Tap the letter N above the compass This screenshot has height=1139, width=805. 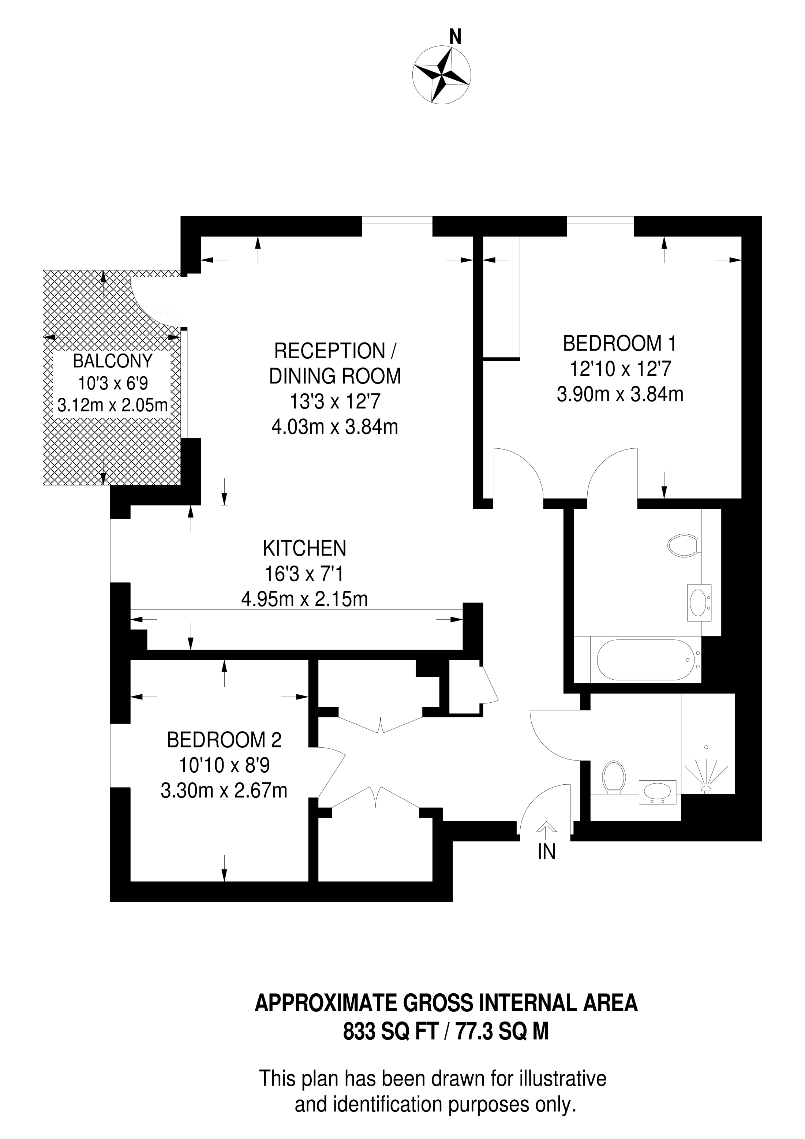455,37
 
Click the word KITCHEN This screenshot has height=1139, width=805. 304,549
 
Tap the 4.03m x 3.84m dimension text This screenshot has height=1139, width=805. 335,427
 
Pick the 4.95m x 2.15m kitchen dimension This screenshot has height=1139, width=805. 304,599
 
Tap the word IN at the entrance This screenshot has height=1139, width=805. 547,852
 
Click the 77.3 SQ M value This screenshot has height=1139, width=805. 502,1032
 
